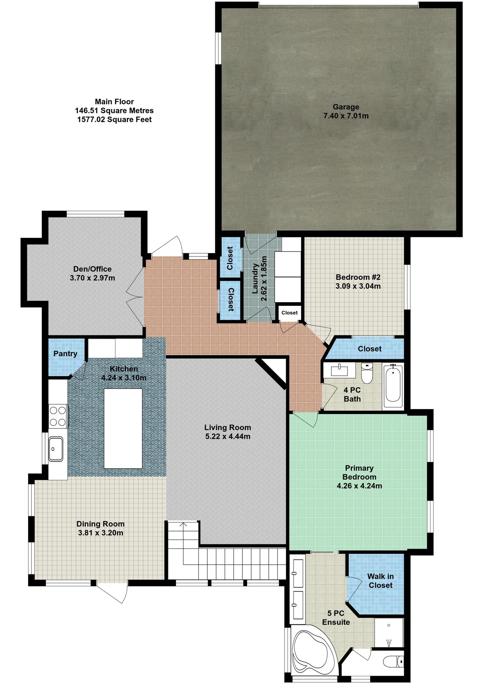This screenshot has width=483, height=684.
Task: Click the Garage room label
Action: [x=346, y=107]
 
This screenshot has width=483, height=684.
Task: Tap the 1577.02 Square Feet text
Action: [x=114, y=119]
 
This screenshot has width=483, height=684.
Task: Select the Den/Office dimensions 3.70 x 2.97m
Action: [x=92, y=278]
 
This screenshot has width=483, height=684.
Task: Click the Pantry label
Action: [x=65, y=354]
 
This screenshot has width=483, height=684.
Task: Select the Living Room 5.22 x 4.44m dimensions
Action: [x=228, y=436]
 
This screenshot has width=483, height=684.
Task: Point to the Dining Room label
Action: [x=100, y=524]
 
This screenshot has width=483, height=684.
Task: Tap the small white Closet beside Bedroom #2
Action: [x=289, y=313]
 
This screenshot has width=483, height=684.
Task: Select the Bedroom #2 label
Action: [x=358, y=277]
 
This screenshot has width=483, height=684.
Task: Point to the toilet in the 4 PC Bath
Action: [x=367, y=374]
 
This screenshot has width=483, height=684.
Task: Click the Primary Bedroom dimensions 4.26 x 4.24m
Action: [x=359, y=486]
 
